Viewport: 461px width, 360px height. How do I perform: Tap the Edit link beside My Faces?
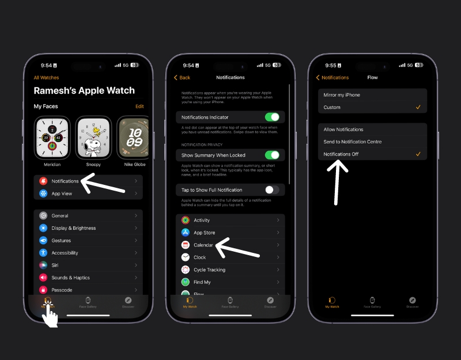coord(139,107)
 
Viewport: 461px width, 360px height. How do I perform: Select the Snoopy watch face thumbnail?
coord(93,138)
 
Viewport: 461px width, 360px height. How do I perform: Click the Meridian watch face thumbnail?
coord(52,138)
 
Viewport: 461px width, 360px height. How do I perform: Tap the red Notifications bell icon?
coord(43,181)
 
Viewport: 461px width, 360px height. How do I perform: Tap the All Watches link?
coord(46,78)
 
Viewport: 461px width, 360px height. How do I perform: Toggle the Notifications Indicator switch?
coord(271,117)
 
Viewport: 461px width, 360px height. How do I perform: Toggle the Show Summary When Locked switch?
coord(271,155)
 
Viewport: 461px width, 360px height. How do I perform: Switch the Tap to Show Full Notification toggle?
coord(271,190)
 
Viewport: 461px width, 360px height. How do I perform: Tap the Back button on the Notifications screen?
coord(182,78)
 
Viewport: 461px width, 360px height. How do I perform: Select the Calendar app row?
coord(231,245)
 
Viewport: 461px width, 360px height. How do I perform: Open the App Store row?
coord(231,233)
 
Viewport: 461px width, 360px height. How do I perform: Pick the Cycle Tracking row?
coord(231,270)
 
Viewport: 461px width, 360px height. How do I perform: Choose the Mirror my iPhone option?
coord(372,95)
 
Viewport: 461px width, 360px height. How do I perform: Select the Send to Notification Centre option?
coord(372,142)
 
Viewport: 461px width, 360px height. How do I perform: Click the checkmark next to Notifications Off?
coord(418,154)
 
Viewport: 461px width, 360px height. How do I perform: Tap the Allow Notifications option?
coord(372,130)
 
